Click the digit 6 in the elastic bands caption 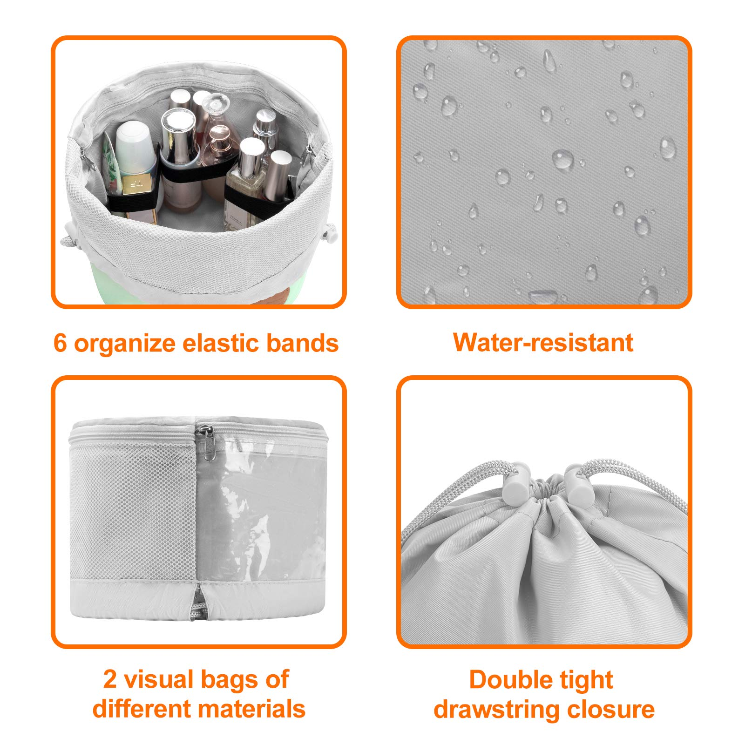click(x=61, y=343)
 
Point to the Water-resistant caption click(x=543, y=343)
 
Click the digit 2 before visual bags click(x=110, y=679)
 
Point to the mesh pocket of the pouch click(x=133, y=510)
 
